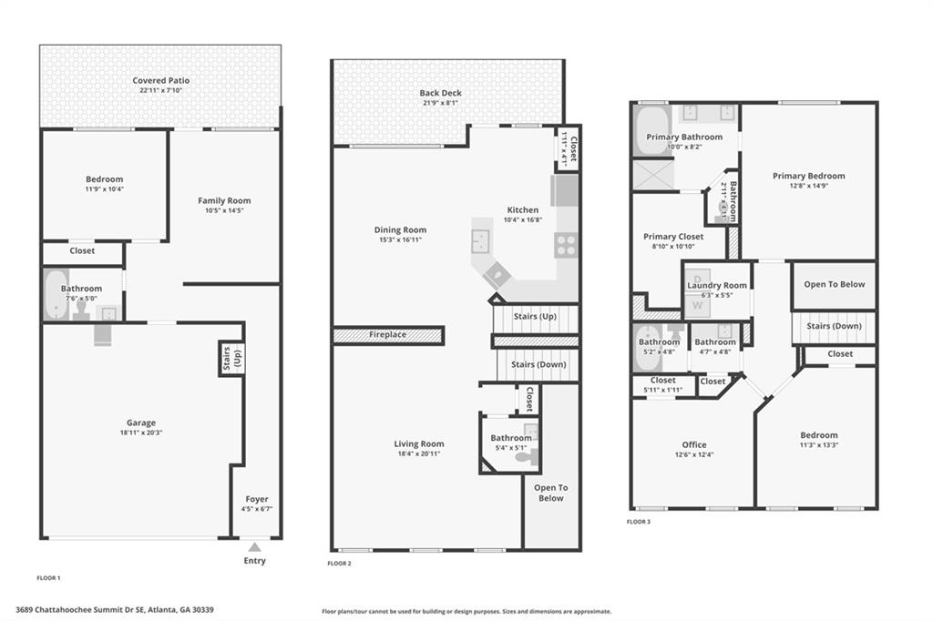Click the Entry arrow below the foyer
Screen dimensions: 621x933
click(255, 547)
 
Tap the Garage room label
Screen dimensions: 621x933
click(141, 422)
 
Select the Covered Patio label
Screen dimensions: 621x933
click(160, 81)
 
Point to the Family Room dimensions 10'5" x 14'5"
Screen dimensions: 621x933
click(224, 210)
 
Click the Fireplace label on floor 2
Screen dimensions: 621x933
click(387, 335)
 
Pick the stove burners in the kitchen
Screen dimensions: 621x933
click(566, 244)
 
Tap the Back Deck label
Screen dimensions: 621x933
click(440, 93)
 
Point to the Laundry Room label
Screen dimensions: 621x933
click(717, 285)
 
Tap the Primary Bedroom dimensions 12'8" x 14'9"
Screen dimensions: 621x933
click(808, 186)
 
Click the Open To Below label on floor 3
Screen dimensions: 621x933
click(834, 284)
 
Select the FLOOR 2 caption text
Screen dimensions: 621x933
click(339, 564)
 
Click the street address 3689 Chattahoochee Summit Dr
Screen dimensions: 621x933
click(115, 609)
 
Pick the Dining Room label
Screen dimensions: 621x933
click(401, 229)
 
